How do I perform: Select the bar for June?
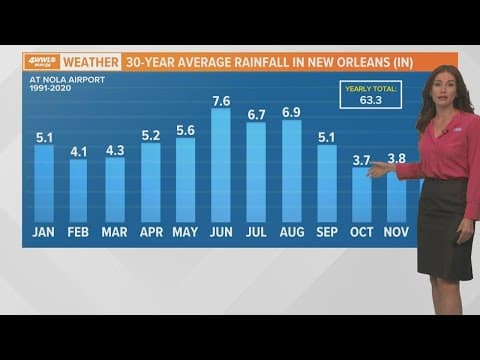(x=221, y=165)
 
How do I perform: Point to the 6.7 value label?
(x=256, y=113)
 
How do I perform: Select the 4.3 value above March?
(x=115, y=150)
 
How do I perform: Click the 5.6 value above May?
(x=186, y=130)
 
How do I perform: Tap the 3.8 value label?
(x=397, y=158)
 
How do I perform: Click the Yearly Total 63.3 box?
(x=371, y=94)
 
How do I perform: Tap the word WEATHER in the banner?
(x=91, y=61)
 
